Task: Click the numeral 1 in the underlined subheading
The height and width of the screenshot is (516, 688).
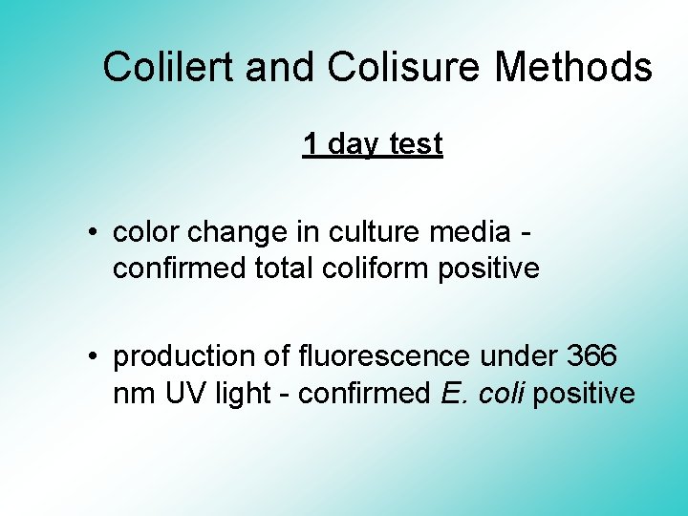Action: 311,144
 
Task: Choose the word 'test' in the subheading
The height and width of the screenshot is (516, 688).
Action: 417,144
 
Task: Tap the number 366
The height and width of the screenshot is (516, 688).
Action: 591,356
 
